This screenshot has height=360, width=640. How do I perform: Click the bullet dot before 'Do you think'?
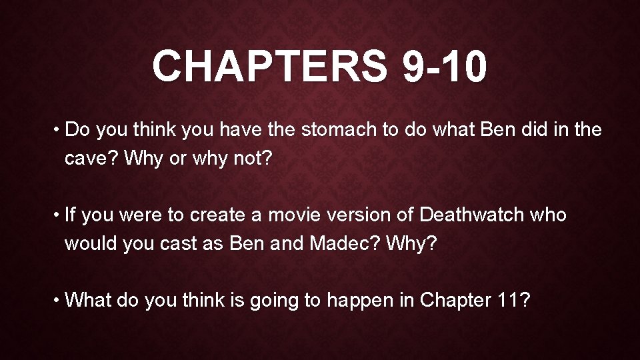point(57,129)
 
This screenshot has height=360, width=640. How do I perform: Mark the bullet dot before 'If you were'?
point(57,215)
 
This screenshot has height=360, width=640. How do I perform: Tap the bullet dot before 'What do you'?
point(57,301)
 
